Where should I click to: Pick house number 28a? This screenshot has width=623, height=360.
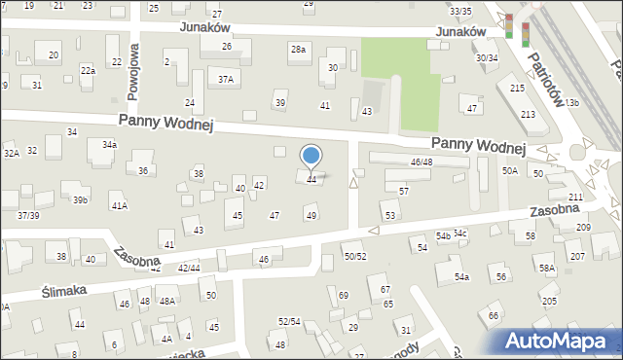click(x=297, y=49)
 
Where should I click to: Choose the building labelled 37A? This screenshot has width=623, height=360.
click(x=226, y=80)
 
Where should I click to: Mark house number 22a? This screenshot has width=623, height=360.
click(x=88, y=70)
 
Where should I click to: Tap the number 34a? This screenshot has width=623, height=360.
click(x=110, y=145)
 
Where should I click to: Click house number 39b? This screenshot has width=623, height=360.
click(x=80, y=200)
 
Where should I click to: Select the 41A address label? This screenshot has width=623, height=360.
click(x=119, y=206)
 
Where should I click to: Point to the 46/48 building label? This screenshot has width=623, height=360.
click(x=421, y=162)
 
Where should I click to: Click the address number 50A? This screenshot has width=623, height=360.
click(x=509, y=170)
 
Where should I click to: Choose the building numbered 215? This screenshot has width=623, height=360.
click(x=517, y=89)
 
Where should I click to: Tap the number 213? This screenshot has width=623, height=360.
click(x=528, y=115)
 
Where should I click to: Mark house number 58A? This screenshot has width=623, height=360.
click(x=547, y=268)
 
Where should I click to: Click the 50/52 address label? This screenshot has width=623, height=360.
click(x=355, y=256)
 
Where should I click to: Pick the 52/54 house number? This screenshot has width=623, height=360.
click(x=288, y=321)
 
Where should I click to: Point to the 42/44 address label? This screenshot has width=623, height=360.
click(x=189, y=268)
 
